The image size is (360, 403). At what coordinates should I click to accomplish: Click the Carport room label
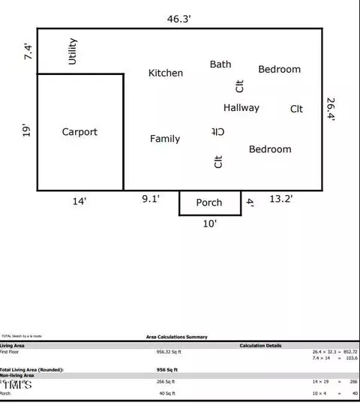tap(79, 132)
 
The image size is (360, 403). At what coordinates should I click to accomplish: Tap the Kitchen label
tap(166, 73)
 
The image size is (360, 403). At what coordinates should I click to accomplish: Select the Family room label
tap(165, 139)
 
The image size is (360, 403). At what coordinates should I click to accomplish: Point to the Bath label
tap(220, 65)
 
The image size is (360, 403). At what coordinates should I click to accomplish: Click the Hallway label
tap(241, 108)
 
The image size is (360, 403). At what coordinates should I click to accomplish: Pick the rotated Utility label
tap(73, 51)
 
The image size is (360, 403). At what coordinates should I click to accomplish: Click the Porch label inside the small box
tap(209, 203)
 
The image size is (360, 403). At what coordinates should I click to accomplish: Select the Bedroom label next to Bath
tap(279, 70)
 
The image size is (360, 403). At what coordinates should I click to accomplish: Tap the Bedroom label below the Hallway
tap(270, 149)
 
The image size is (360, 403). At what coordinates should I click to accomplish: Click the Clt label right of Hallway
tap(297, 109)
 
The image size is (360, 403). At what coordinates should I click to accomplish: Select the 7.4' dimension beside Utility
tap(29, 52)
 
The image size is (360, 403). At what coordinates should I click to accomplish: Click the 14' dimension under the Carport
tap(79, 200)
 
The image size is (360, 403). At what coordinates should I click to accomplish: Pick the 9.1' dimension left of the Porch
tap(152, 199)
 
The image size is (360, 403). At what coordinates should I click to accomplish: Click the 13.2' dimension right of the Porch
tap(281, 199)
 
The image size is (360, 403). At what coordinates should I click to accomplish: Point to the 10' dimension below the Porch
tap(209, 224)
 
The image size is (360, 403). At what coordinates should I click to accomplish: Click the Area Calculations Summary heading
tap(177, 337)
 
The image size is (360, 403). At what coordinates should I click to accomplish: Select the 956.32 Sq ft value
tap(169, 351)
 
